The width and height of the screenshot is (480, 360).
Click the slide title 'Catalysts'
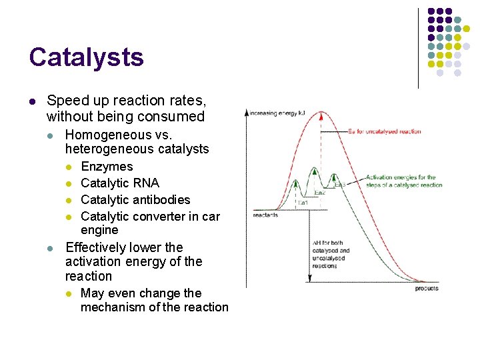(86, 57)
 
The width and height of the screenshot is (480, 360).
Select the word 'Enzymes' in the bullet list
(107, 167)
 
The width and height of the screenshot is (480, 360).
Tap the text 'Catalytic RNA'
(120, 183)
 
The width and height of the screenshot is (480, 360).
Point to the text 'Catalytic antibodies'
(135, 199)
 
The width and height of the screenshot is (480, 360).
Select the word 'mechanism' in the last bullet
(112, 307)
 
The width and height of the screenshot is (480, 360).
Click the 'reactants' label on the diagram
(265, 215)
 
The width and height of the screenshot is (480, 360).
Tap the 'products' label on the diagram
(427, 288)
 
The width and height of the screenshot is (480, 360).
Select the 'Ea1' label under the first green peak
(303, 201)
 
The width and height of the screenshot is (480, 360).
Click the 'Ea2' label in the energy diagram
(319, 193)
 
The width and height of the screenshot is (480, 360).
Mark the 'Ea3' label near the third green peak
(340, 184)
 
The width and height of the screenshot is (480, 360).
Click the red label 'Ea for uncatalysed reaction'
(384, 131)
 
